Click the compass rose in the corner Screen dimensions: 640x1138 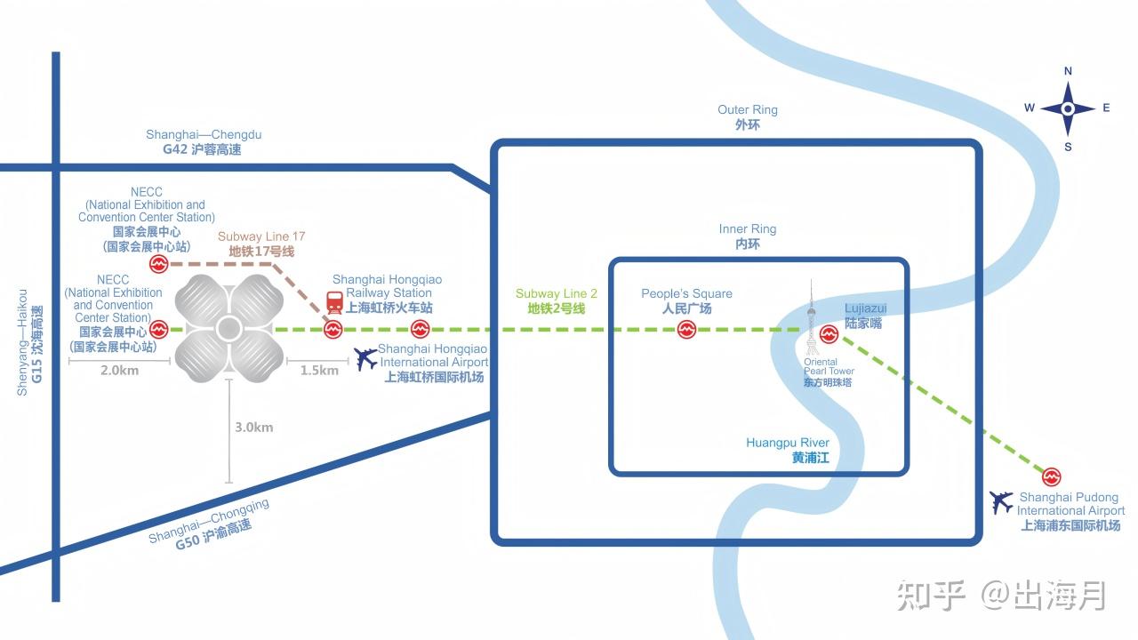tap(1067, 108)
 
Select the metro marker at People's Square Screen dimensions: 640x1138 tap(686, 330)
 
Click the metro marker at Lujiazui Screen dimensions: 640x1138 tap(829, 334)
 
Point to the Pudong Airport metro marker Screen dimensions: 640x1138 tap(1052, 476)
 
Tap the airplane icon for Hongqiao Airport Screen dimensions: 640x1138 tap(365, 358)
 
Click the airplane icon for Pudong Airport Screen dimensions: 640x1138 tap(1002, 502)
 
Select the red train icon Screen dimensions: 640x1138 tap(334, 303)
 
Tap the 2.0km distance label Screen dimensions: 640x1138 tap(119, 371)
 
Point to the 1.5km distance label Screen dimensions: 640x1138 tap(319, 371)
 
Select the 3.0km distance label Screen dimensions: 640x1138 tap(253, 428)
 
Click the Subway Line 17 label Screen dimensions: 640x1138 tap(261, 244)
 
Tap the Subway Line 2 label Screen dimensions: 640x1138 tap(557, 300)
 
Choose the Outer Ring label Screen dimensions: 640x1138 tap(748, 117)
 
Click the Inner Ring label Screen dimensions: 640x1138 tap(748, 236)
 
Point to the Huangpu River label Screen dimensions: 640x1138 tap(788, 450)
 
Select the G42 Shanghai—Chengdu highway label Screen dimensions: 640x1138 tap(203, 142)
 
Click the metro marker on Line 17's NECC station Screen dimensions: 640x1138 tap(158, 264)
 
